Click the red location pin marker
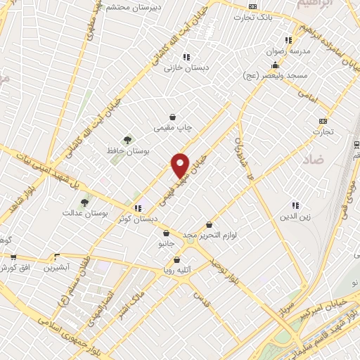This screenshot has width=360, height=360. (181, 165)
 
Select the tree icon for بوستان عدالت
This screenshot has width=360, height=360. (85, 202)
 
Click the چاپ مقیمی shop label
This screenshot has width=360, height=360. (173, 127)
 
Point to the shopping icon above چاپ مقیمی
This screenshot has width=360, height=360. (173, 117)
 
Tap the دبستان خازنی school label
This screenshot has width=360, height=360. (182, 68)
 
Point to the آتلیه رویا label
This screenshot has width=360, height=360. (178, 269)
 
